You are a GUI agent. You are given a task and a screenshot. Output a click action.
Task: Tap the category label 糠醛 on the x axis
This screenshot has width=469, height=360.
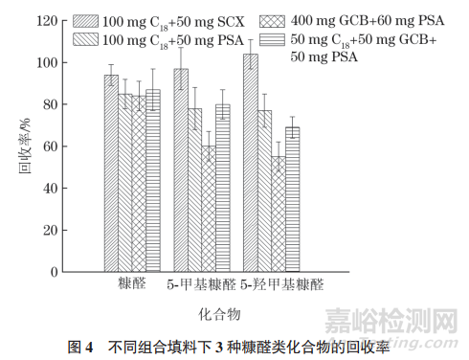132,284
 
